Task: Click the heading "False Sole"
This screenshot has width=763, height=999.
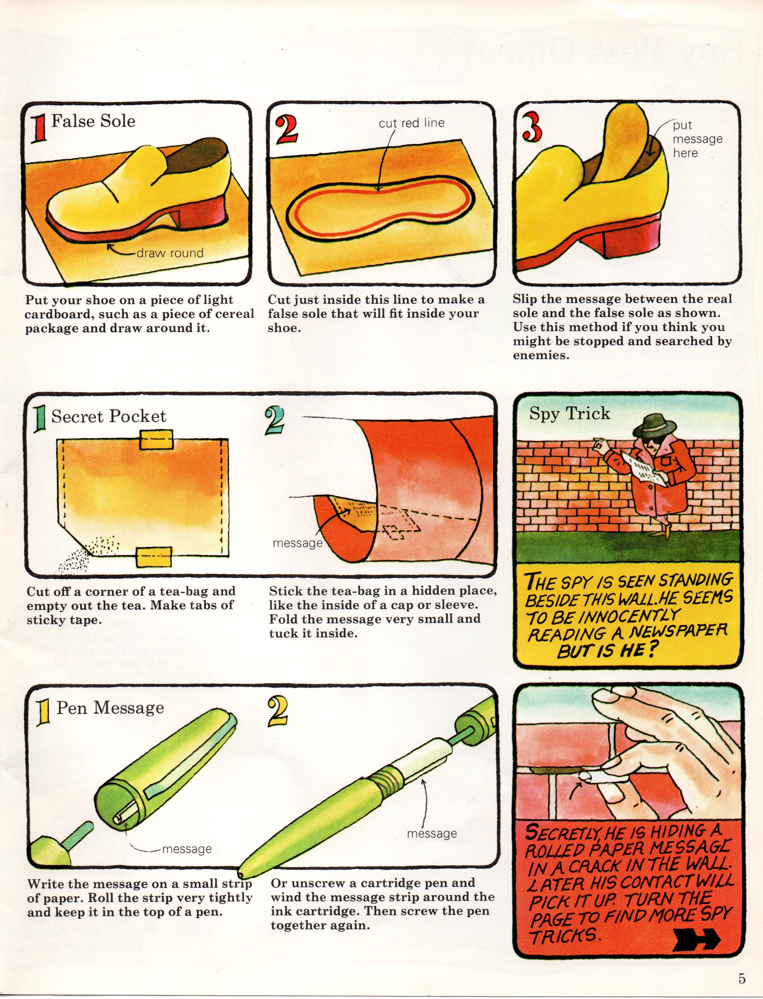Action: coord(93,121)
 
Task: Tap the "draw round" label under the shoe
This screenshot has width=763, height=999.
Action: coord(170,253)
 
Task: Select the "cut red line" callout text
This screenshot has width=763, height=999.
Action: coord(411,123)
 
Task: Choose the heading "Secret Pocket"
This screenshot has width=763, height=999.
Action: coord(109,416)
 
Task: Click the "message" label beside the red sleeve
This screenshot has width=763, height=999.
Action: coord(297,543)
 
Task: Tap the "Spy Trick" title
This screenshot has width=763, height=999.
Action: coord(570,414)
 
